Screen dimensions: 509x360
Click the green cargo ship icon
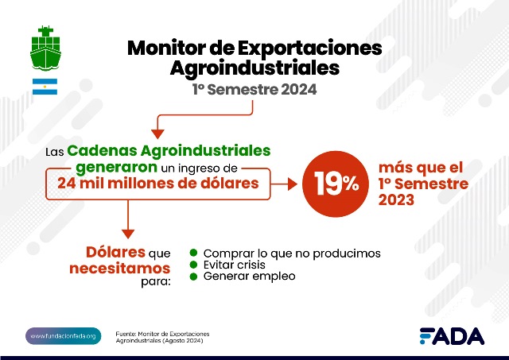click(x=45, y=48)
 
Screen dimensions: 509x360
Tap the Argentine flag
click(x=45, y=87)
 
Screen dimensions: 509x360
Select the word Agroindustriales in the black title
click(x=254, y=68)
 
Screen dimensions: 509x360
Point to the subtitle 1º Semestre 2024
click(x=254, y=90)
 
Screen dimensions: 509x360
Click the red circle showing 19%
click(x=336, y=184)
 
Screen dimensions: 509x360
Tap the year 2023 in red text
click(x=396, y=199)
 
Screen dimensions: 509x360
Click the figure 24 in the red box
click(x=67, y=184)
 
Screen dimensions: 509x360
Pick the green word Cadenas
click(x=103, y=151)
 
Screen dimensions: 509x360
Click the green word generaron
click(x=117, y=168)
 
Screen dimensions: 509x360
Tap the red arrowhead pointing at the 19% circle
click(x=293, y=184)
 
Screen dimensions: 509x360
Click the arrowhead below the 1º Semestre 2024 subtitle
click(x=157, y=134)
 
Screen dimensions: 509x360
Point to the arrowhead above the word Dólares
click(x=128, y=234)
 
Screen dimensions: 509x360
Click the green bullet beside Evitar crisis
click(x=193, y=265)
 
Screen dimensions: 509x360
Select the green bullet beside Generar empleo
click(x=193, y=277)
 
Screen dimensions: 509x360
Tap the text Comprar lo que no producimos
click(x=292, y=254)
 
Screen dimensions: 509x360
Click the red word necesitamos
click(x=120, y=269)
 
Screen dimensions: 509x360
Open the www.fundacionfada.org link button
click(x=64, y=336)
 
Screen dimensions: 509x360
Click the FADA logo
click(x=452, y=336)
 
